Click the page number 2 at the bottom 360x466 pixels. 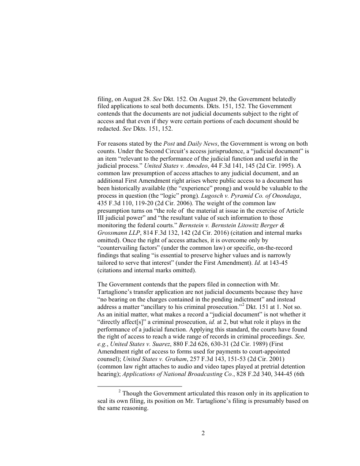click(203, 433)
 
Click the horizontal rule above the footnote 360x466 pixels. click(139, 387)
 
